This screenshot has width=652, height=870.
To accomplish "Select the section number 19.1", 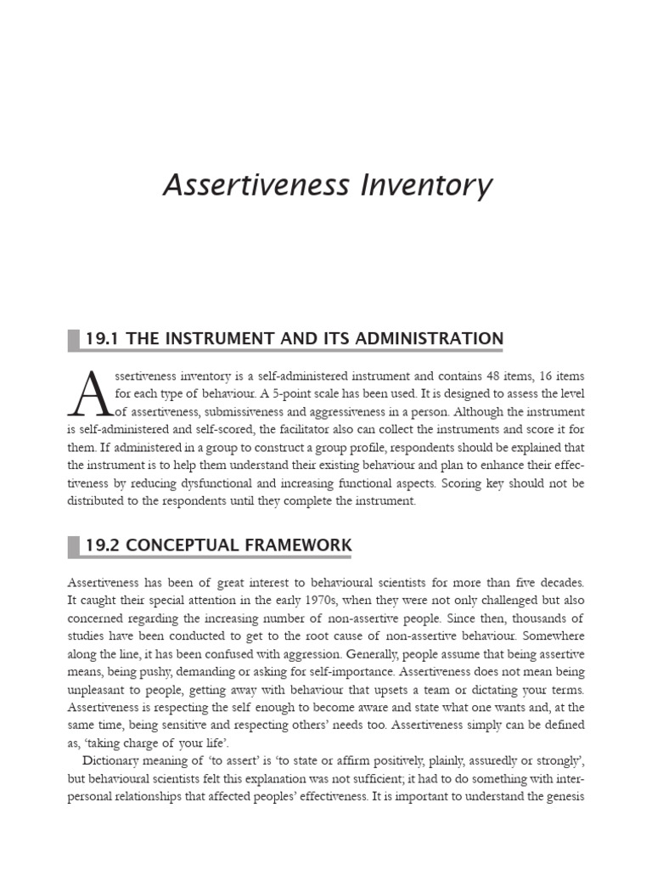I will (102, 339).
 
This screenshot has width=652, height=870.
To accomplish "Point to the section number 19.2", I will (102, 545).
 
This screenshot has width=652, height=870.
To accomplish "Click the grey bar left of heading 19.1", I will (73, 340).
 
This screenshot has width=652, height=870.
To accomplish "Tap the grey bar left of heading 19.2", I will (73, 545).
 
